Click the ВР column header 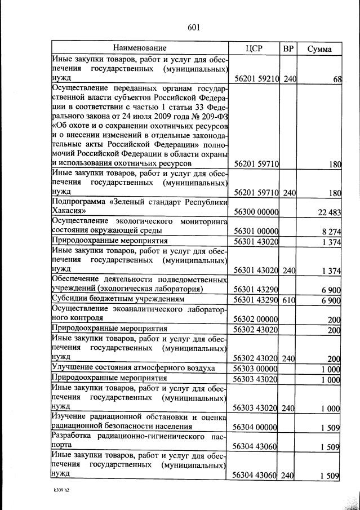(288, 48)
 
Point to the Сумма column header (319, 48)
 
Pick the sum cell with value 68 (337, 79)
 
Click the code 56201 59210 (256, 79)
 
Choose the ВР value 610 (289, 299)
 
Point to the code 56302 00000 (256, 319)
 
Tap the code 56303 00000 (256, 368)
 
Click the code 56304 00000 (256, 427)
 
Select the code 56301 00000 (256, 230)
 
